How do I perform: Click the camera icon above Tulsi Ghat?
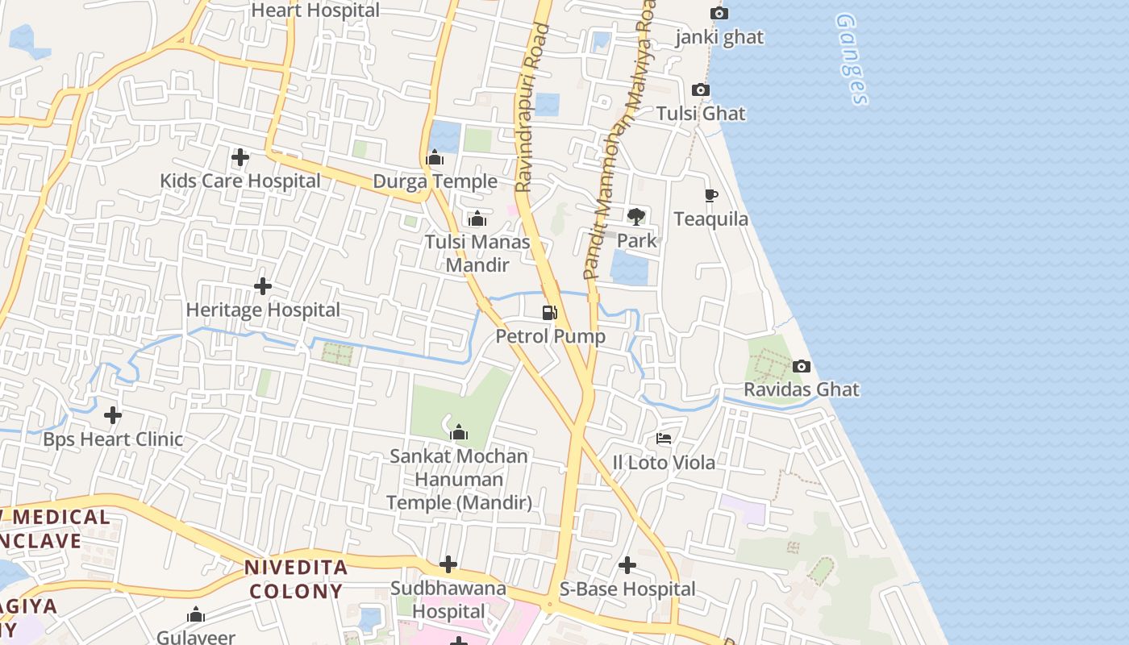coord(701,89)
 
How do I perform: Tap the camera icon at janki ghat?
coord(719,13)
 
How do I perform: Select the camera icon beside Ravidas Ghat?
coord(802,366)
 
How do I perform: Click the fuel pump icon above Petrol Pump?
coord(550,312)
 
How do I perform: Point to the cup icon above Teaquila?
coord(711,195)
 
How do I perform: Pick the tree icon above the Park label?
coord(636,216)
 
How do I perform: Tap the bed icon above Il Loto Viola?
coord(664,439)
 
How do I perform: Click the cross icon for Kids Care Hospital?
coord(240,157)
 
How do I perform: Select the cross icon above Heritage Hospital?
coord(262,286)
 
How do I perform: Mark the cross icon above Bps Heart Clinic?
coord(113,415)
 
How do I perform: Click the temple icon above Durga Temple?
coord(435,157)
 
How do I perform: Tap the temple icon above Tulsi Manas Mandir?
coord(477,218)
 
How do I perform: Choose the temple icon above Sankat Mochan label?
coord(459,432)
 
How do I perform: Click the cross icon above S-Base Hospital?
coord(627,565)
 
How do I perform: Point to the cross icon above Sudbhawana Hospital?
coord(448,564)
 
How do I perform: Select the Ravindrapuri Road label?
coord(532,107)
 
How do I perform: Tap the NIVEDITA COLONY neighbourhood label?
coord(297,579)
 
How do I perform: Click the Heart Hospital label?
coord(315,10)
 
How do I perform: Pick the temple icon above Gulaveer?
coord(196,615)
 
